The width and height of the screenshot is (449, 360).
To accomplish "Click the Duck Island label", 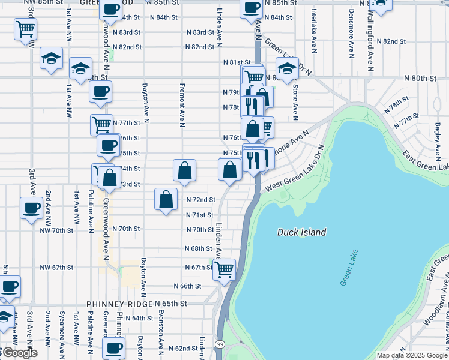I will (301, 232).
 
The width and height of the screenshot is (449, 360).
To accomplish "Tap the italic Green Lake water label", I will (348, 267).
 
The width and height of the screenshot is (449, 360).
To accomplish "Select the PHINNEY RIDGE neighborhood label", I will (119, 304).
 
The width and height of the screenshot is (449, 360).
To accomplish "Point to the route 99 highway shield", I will (221, 343).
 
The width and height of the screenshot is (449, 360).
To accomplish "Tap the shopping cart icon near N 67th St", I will (224, 269).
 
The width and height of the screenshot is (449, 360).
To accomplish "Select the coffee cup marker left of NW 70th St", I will (31, 209).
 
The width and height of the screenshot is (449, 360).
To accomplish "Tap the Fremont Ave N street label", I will (181, 105).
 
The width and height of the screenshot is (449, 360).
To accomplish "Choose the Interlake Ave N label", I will (314, 33).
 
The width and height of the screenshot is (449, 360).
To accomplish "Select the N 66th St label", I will (187, 286).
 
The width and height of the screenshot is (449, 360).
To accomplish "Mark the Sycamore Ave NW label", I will (62, 329).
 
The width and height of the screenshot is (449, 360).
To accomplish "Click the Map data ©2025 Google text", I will (412, 355).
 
